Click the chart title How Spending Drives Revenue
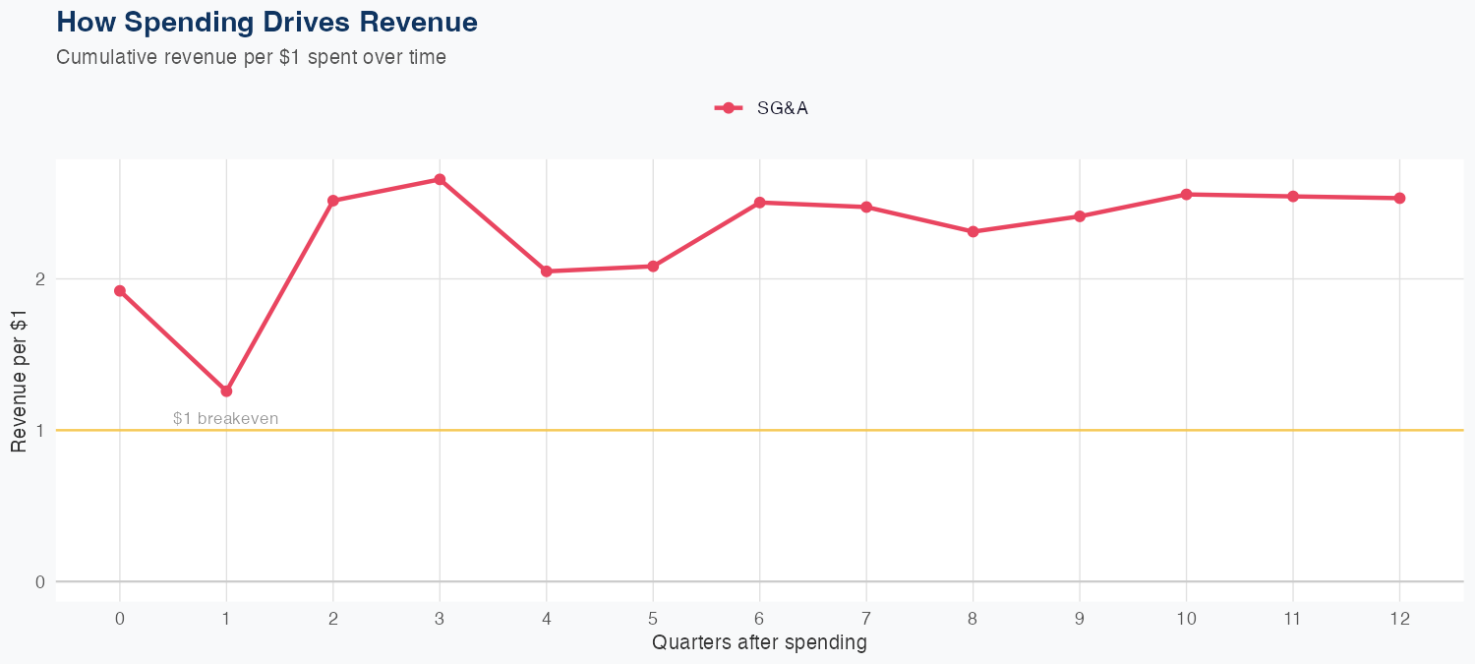click(x=266, y=22)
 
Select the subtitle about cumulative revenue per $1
click(x=251, y=57)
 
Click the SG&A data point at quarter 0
click(x=120, y=291)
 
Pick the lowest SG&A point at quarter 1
click(x=226, y=392)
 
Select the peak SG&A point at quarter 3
click(x=440, y=180)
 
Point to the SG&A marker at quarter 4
click(x=547, y=272)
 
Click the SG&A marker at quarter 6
click(x=760, y=203)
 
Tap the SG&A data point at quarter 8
click(x=973, y=232)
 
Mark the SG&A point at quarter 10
click(x=1187, y=195)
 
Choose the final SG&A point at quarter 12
click(x=1400, y=199)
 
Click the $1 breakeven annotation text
click(x=225, y=418)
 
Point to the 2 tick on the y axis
click(x=40, y=279)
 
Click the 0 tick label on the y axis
click(x=40, y=581)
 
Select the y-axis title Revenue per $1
click(x=19, y=381)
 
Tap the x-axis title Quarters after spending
click(x=759, y=643)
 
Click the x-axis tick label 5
click(x=653, y=619)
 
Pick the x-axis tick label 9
click(x=1080, y=619)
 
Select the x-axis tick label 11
click(x=1293, y=619)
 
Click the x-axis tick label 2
click(x=333, y=619)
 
